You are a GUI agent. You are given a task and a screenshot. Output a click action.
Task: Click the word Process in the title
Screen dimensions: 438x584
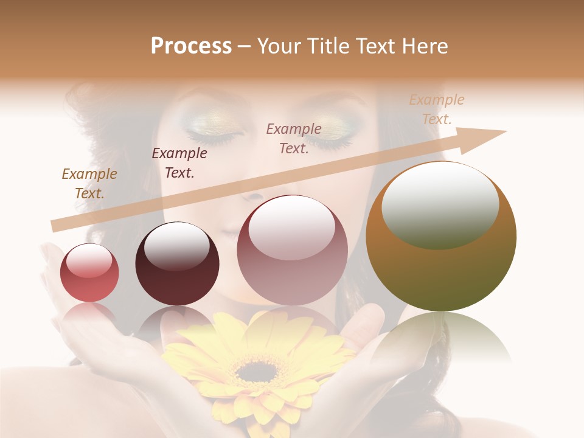pyautogui.click(x=191, y=46)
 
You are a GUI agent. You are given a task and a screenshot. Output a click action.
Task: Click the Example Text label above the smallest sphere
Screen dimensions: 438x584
pyautogui.click(x=89, y=183)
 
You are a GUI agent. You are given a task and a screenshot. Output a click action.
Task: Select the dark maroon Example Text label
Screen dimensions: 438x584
pyautogui.click(x=179, y=162)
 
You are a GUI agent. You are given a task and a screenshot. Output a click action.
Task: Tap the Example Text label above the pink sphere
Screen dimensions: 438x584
pyautogui.click(x=294, y=138)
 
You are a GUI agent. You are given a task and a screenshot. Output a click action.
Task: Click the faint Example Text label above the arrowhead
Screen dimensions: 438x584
pyautogui.click(x=436, y=109)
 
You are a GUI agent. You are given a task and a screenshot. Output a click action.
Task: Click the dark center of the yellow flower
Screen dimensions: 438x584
pyautogui.click(x=255, y=369)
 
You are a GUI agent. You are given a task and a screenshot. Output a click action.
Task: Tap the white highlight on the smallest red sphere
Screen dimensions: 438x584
pyautogui.click(x=89, y=261)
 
